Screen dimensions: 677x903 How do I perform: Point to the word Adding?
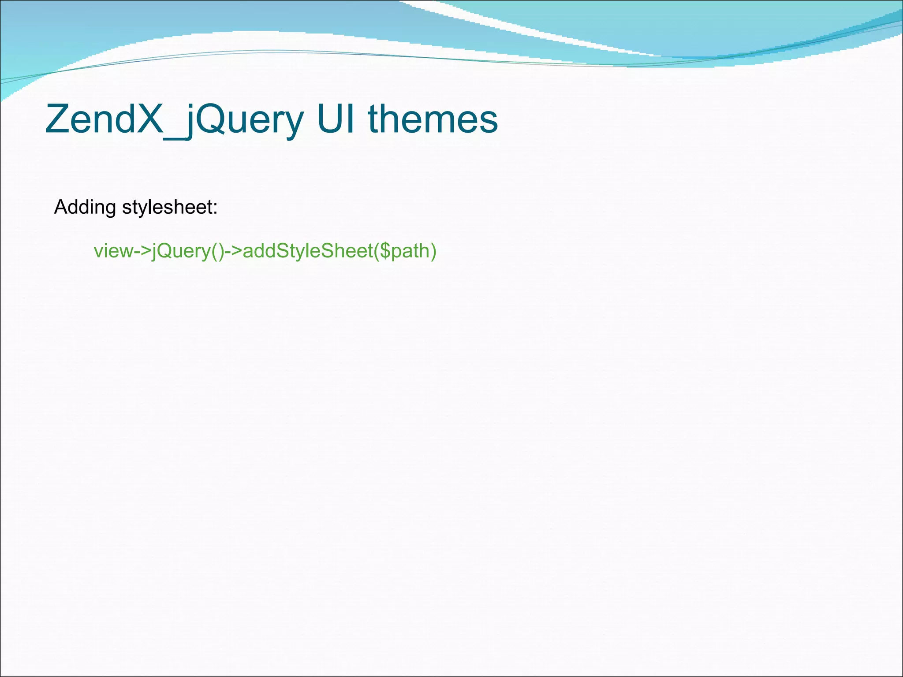click(x=85, y=207)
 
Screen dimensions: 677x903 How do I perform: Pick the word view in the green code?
click(x=108, y=251)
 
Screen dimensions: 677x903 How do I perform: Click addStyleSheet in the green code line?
click(x=308, y=251)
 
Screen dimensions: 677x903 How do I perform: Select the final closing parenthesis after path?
click(x=433, y=251)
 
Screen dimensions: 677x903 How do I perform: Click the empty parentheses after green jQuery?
click(x=218, y=251)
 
